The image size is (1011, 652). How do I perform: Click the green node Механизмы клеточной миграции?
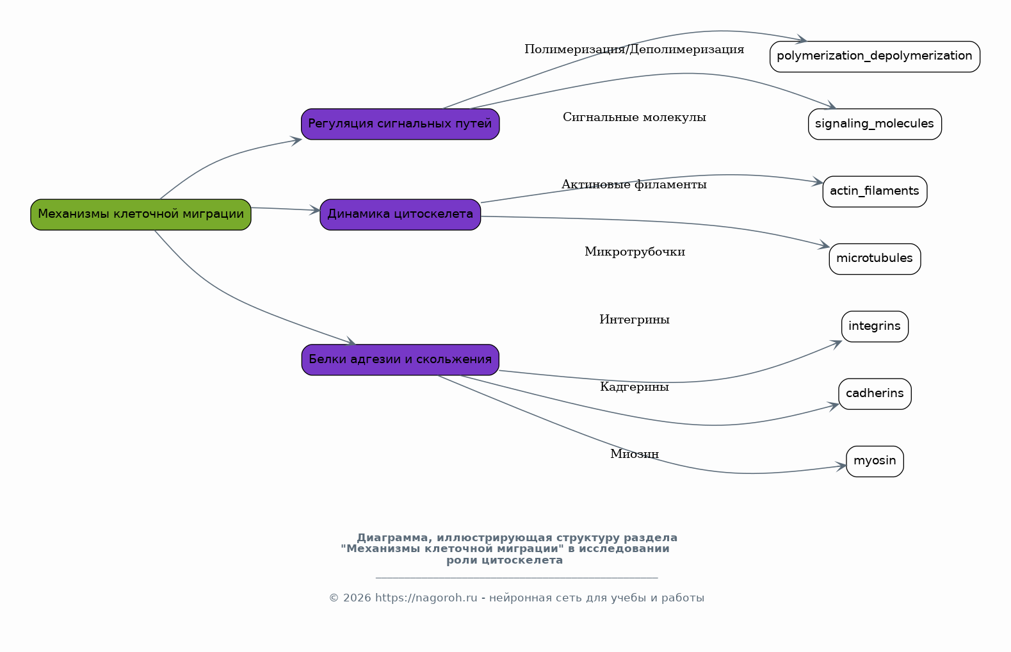141,215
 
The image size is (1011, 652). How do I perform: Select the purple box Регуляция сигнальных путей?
400,124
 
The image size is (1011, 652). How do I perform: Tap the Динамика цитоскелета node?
400,215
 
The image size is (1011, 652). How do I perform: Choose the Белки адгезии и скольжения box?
400,360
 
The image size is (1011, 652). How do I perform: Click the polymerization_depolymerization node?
875,56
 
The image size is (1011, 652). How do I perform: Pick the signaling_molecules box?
875,124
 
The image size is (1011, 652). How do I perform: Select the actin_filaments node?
875,192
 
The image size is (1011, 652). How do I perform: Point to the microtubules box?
875,259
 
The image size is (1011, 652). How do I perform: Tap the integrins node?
875,327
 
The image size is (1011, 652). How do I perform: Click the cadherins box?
875,394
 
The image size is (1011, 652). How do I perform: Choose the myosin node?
875,461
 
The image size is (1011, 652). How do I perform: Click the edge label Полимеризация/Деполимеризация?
634,50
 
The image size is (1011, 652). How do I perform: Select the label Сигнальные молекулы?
634,117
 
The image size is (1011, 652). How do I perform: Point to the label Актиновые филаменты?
634,184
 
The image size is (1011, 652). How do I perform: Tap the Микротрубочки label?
635,252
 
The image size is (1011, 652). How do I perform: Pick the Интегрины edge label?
634,320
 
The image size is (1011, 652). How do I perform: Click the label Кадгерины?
634,387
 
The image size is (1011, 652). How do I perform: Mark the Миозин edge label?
634,454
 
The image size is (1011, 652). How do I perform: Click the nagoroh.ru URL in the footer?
426,598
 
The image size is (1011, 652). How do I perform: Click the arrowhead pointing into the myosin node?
841,466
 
